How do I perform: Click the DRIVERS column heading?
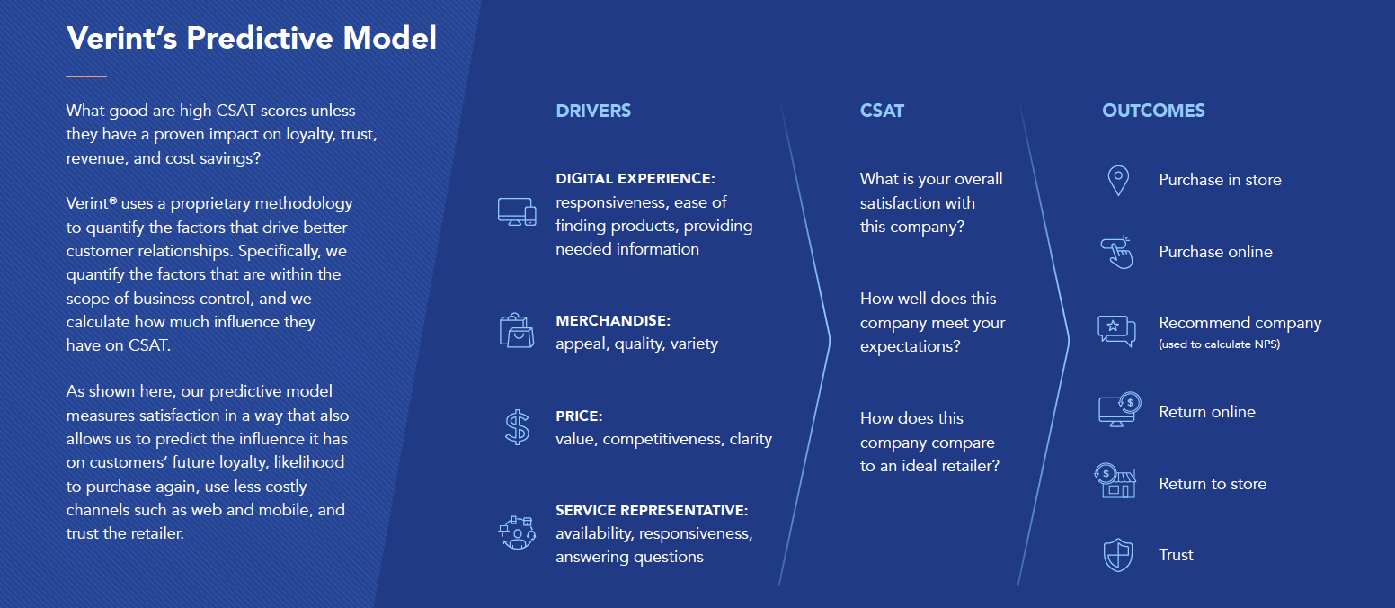pos(593,111)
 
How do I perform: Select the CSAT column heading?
pos(882,111)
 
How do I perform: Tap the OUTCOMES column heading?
pos(1153,111)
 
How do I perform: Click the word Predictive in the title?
pos(260,38)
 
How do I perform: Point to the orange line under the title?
pos(86,76)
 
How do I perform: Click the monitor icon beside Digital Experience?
pos(517,211)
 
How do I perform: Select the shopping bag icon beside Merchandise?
pos(516,330)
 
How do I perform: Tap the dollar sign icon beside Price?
pos(517,427)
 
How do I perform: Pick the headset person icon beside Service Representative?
pos(517,532)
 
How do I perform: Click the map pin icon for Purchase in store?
pos(1118,181)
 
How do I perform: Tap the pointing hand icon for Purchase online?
pos(1117,252)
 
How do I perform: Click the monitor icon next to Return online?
pos(1119,409)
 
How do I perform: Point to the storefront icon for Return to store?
pos(1115,480)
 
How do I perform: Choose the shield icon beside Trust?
pos(1118,555)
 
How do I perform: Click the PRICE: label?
pos(579,416)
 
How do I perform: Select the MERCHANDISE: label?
pos(613,321)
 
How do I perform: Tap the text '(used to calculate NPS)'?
pos(1220,344)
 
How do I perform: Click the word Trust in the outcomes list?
pos(1176,555)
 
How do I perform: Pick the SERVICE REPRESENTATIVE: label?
pos(652,511)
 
